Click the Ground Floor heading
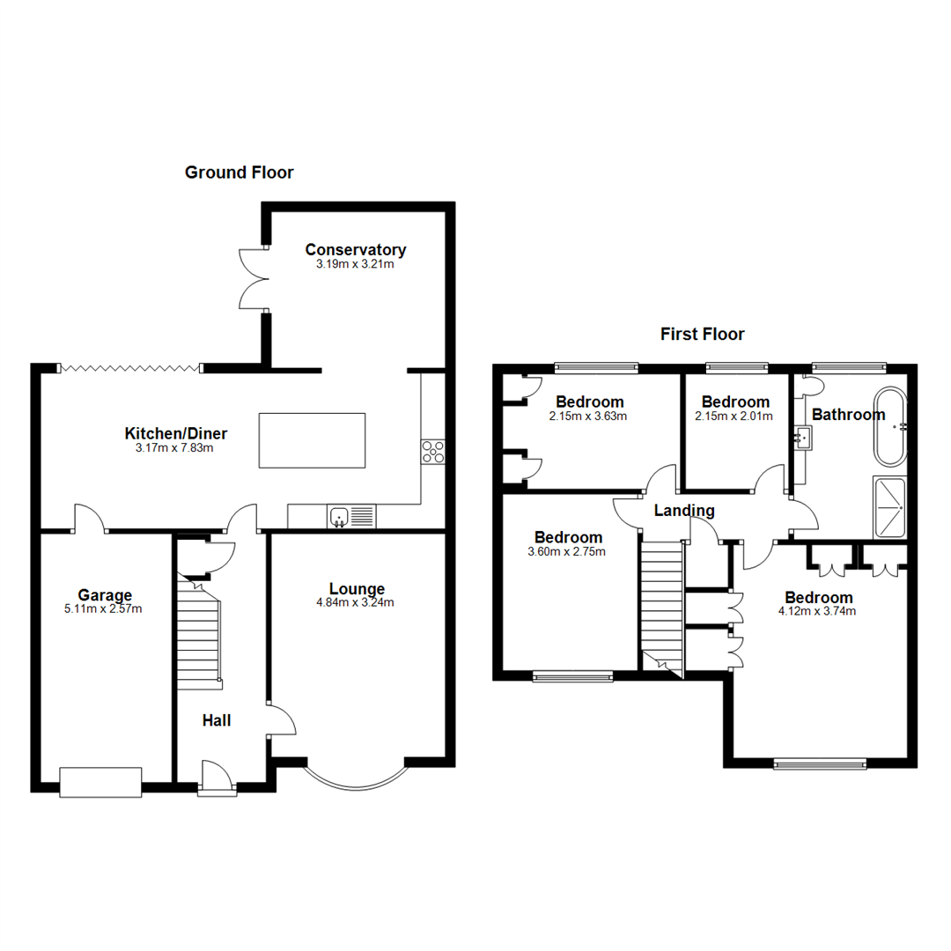click(239, 173)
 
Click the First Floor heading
click(702, 334)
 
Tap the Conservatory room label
click(355, 249)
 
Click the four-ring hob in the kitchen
click(432, 452)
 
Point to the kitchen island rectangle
click(311, 440)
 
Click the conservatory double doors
click(254, 277)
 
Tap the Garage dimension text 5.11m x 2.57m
click(104, 608)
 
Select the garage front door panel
click(100, 782)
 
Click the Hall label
click(217, 720)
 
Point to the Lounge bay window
click(356, 777)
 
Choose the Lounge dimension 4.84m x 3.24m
click(357, 603)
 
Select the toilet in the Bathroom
click(810, 386)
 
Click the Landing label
click(684, 511)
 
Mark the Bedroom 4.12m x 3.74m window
click(819, 764)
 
